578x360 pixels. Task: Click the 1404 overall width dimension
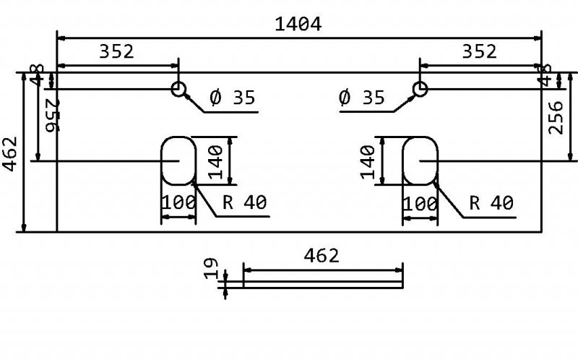298,24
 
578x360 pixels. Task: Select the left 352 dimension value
116,51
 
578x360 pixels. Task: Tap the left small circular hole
178,89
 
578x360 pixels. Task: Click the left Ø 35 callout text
233,98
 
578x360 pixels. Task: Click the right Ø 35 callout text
361,98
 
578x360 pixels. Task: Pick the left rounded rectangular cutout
178,160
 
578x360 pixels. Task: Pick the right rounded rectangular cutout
420,160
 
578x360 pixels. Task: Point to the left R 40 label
245,203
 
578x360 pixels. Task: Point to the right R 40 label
491,203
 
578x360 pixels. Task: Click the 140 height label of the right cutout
368,160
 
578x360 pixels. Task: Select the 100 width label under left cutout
178,203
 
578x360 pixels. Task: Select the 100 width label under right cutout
420,203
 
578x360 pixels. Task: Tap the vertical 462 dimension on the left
11,153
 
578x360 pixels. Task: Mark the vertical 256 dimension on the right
556,117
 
